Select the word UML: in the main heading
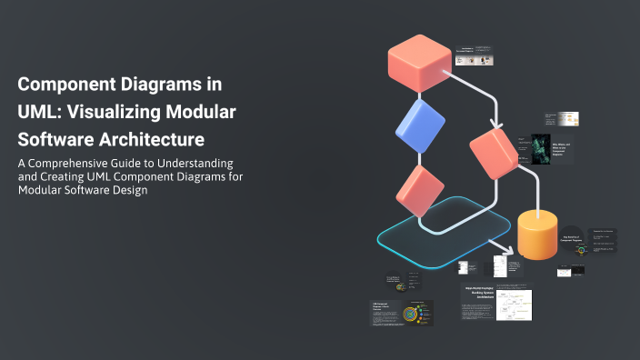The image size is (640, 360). [x=41, y=113]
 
